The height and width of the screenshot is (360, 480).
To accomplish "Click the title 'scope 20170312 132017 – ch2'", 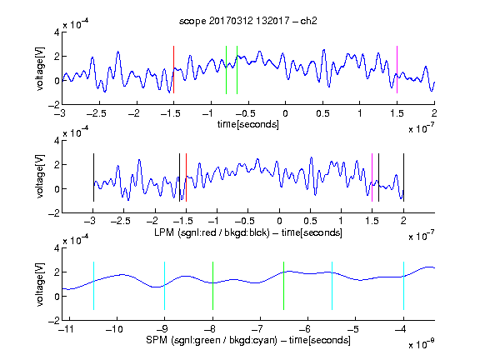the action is pyautogui.click(x=247, y=21).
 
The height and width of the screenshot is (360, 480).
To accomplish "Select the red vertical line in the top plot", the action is pyautogui.click(x=173, y=69).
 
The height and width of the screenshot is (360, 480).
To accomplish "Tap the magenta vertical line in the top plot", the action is pyautogui.click(x=397, y=69).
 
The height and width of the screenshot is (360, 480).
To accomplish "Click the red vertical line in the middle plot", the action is pyautogui.click(x=186, y=177).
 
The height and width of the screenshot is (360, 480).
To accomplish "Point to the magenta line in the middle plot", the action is pyautogui.click(x=372, y=177).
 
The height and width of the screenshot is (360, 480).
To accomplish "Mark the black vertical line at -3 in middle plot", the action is pyautogui.click(x=93, y=177).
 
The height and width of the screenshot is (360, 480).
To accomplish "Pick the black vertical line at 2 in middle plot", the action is pyautogui.click(x=403, y=177).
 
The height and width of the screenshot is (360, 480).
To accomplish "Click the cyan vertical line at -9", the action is pyautogui.click(x=164, y=286).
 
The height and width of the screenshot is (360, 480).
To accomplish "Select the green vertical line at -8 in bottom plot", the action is pyautogui.click(x=212, y=286).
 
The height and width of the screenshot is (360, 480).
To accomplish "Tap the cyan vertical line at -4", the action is pyautogui.click(x=403, y=286).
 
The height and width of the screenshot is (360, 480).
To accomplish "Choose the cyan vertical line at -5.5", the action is pyautogui.click(x=332, y=286).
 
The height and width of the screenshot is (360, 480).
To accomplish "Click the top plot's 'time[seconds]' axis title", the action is pyautogui.click(x=248, y=124).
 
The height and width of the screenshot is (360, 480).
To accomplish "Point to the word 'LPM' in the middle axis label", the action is pyautogui.click(x=164, y=232).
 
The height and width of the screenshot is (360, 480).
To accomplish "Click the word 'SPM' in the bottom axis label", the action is pyautogui.click(x=157, y=340).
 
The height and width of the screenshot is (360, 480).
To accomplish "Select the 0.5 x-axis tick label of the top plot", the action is pyautogui.click(x=322, y=113).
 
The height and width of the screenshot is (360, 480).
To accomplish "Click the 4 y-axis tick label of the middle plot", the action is pyautogui.click(x=57, y=141).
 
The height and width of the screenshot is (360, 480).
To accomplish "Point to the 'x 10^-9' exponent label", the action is pyautogui.click(x=421, y=344).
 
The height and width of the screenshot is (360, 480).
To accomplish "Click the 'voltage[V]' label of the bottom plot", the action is pyautogui.click(x=40, y=285).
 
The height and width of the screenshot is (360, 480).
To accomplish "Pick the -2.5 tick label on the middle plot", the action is pyautogui.click(x=120, y=221).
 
